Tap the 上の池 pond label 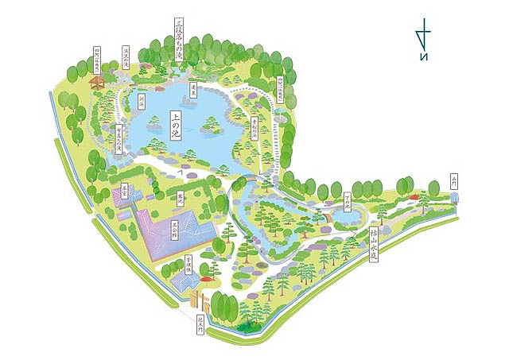tap(171, 126)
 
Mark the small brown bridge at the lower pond tap(325, 215)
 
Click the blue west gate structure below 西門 tap(453, 210)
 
